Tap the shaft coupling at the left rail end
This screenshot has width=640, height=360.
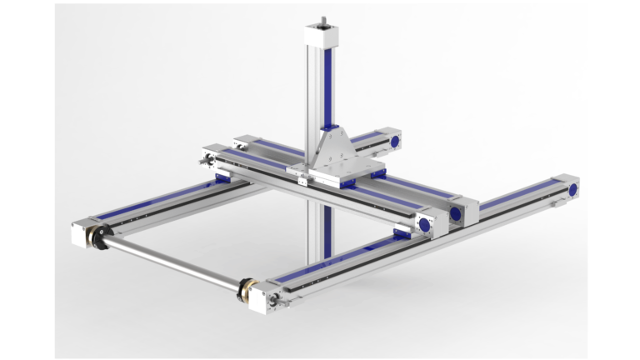click(101, 236)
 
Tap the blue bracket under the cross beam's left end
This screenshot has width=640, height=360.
click(222, 177)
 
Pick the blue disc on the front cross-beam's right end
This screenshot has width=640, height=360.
click(425, 223)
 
